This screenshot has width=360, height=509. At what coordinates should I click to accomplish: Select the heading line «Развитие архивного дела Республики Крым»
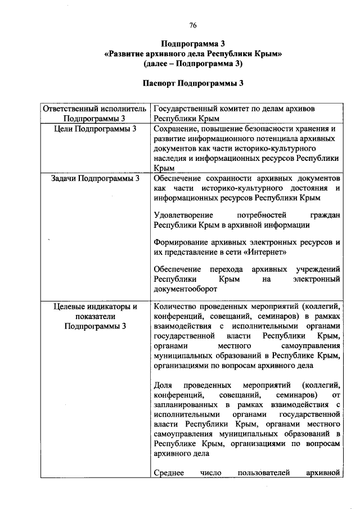(193, 54)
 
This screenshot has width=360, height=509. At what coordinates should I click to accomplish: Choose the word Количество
(175, 307)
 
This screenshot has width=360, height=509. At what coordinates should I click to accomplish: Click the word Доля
(162, 385)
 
